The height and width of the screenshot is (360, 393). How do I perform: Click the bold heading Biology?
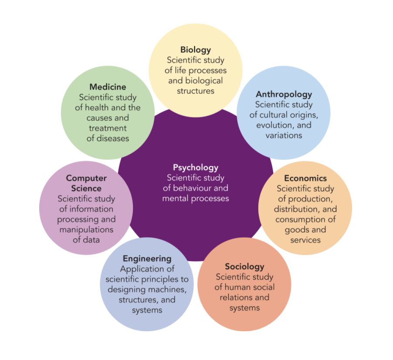[196, 50]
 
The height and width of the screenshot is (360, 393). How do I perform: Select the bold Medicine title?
[108, 87]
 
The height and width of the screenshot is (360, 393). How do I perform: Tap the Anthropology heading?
[284, 94]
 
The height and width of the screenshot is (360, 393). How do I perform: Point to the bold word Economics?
[305, 178]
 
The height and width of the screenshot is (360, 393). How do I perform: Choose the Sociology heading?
[244, 266]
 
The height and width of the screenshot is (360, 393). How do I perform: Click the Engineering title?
[147, 259]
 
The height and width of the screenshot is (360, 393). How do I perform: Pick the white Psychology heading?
[196, 167]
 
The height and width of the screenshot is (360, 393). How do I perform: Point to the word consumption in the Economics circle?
[301, 220]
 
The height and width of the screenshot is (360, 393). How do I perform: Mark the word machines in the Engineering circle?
[168, 290]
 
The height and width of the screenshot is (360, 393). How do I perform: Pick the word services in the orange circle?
[305, 240]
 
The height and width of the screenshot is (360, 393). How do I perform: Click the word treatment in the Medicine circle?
[108, 128]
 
